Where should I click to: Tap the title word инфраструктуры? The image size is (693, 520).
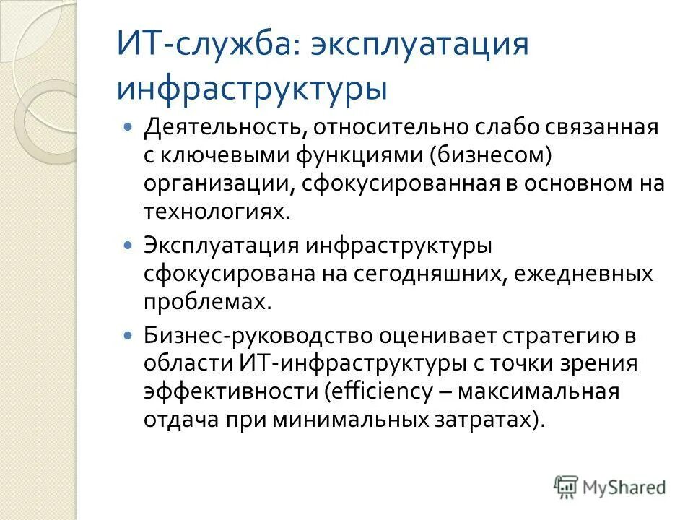(x=252, y=87)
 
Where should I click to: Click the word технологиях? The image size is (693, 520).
(x=217, y=210)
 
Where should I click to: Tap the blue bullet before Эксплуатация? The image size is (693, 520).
(x=128, y=246)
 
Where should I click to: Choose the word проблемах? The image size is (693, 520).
(x=207, y=302)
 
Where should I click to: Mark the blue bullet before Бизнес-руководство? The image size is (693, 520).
(x=128, y=336)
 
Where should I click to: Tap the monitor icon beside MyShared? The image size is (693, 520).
(x=567, y=487)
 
